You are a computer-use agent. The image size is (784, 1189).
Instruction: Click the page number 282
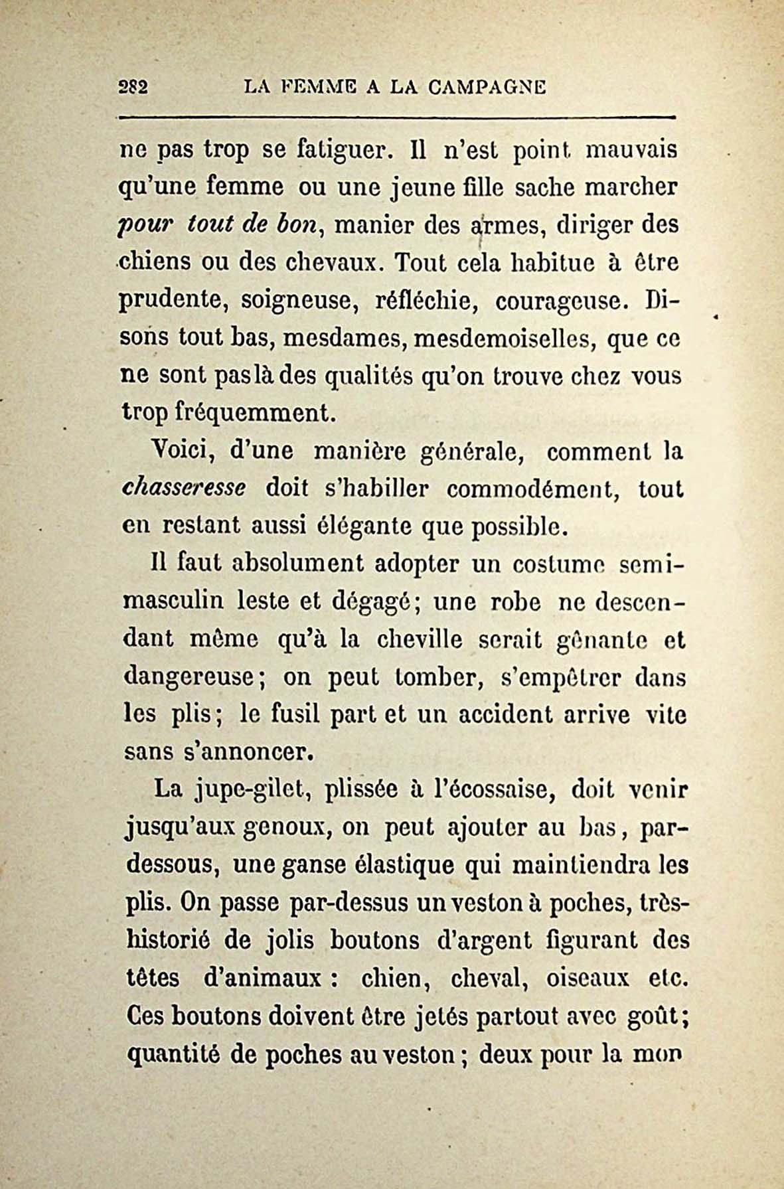click(133, 87)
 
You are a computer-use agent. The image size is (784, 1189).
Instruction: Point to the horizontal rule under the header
click(396, 118)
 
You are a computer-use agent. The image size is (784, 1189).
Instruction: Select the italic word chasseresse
click(185, 489)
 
